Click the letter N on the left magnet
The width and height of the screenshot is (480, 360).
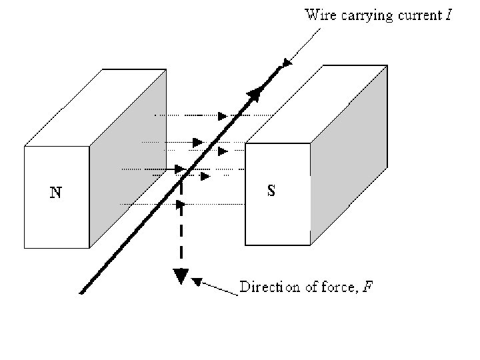tap(57, 193)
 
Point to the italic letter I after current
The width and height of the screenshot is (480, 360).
tap(449, 14)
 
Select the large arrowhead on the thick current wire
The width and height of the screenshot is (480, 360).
tap(254, 97)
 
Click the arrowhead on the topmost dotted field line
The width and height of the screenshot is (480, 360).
tap(222, 116)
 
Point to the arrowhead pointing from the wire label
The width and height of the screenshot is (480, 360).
tap(287, 63)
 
